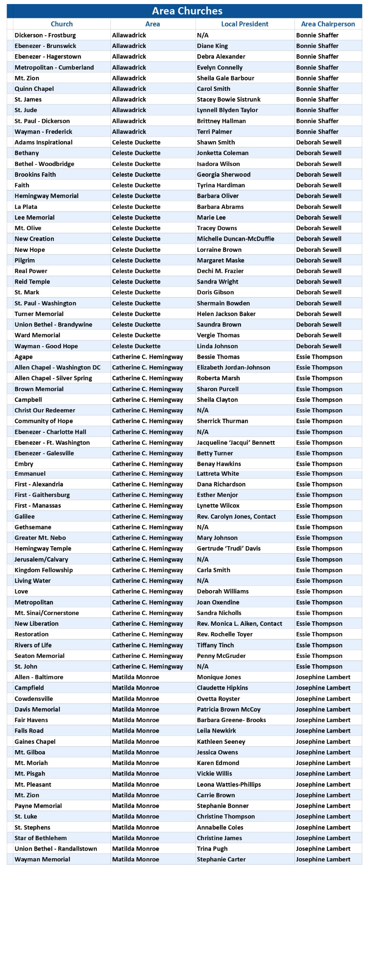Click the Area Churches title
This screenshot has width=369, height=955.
[x=187, y=11]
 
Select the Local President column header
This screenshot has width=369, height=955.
[x=245, y=24]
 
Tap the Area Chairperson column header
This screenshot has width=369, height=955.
[x=328, y=24]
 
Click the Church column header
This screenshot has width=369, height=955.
[x=61, y=24]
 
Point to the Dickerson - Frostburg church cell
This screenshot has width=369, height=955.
[x=45, y=35]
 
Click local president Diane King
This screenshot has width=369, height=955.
[x=212, y=46]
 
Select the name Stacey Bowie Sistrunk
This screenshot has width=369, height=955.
[x=228, y=99]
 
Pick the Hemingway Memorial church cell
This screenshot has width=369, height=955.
[x=47, y=196]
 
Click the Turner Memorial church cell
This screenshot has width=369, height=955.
[x=39, y=314]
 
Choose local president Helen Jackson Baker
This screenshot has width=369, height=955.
[x=226, y=314]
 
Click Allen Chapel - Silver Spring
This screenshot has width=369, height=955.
[x=53, y=378]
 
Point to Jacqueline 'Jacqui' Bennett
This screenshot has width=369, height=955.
[x=236, y=443]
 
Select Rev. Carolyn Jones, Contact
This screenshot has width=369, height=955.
[x=236, y=516]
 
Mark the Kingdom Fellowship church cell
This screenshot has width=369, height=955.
[x=43, y=570]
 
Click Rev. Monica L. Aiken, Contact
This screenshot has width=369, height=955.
[x=239, y=624]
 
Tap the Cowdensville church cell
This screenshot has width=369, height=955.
[x=33, y=699]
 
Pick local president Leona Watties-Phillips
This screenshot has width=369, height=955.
[x=229, y=785]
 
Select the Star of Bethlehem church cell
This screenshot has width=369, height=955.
[x=40, y=838]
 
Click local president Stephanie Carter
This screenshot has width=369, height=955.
[x=221, y=859]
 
